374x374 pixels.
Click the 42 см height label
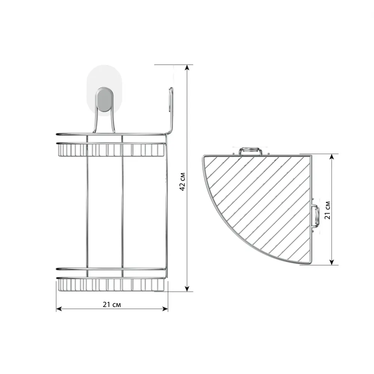(182, 182)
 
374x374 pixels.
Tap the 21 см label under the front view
(111, 304)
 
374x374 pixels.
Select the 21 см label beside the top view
(328, 210)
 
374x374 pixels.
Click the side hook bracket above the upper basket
(171, 108)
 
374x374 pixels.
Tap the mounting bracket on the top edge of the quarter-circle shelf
(251, 151)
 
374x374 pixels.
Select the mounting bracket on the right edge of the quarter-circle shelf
(315, 216)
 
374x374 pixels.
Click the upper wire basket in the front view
(111, 149)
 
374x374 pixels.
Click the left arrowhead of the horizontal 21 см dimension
(58, 309)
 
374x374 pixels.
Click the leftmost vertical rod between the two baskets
(87, 206)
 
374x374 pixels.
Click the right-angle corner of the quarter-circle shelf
(310, 156)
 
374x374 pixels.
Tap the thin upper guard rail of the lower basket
(111, 269)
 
